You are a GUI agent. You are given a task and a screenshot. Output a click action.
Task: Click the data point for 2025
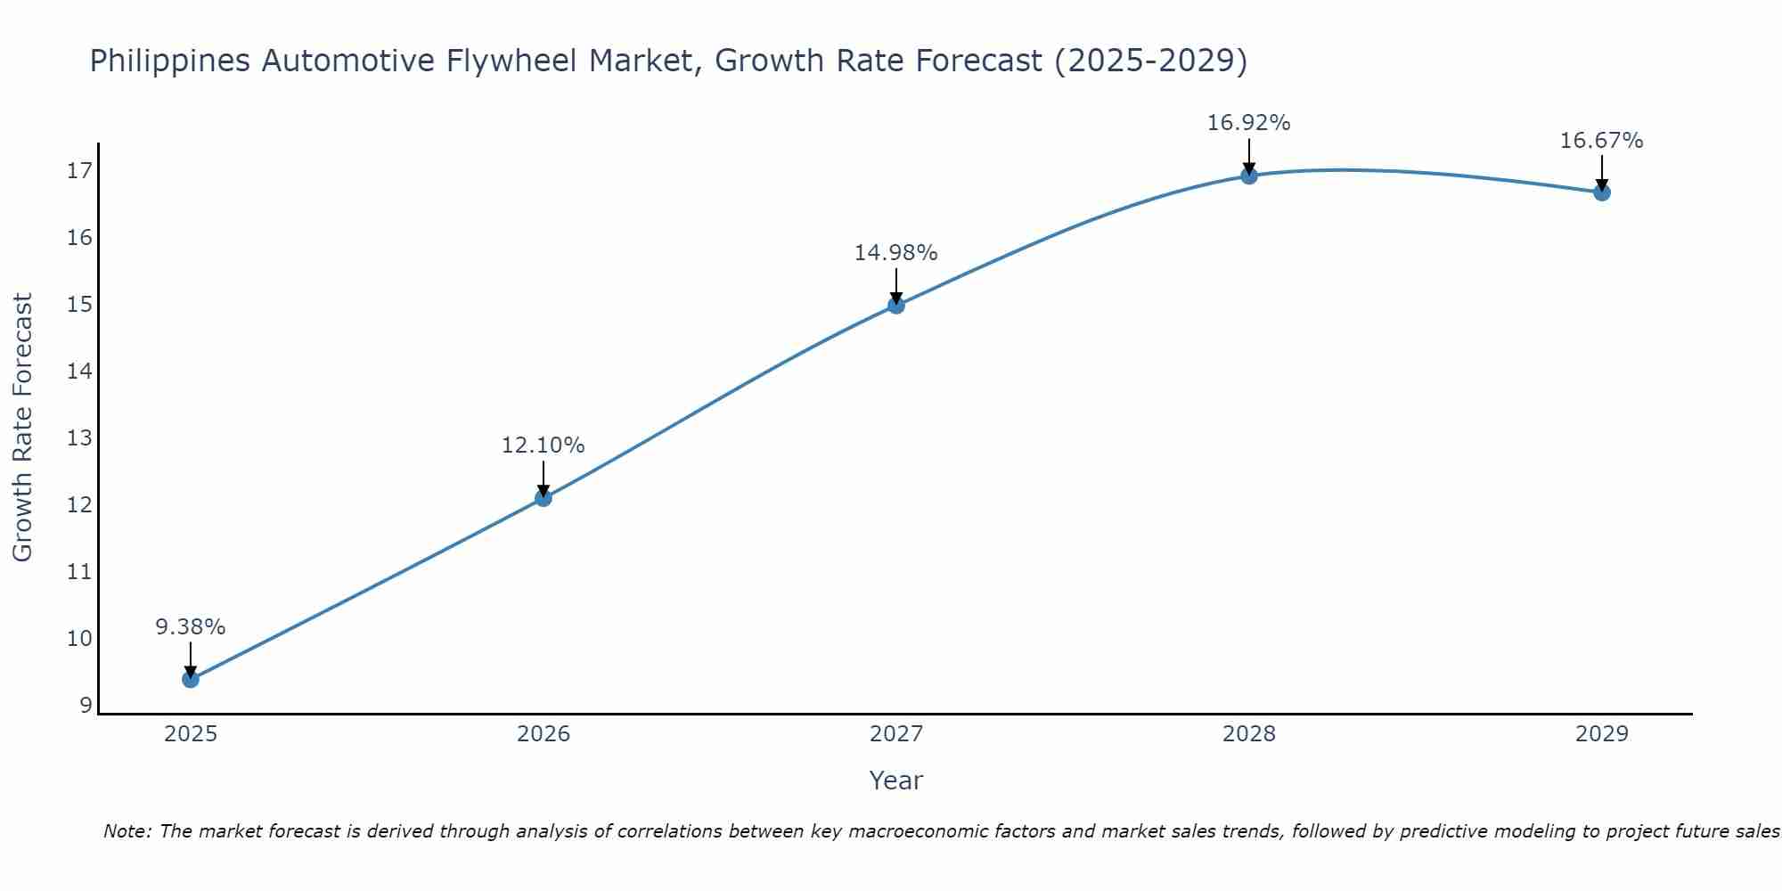(x=191, y=680)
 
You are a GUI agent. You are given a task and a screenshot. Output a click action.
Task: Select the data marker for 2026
(x=544, y=498)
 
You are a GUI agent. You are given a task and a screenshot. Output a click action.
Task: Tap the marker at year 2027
(x=896, y=306)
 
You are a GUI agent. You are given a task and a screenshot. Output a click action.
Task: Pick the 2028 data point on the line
(x=1249, y=176)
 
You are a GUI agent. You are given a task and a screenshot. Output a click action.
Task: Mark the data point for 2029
(x=1602, y=192)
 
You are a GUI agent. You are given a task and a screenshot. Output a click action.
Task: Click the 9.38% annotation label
(x=191, y=627)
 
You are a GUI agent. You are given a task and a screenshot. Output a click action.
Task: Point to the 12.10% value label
(x=544, y=445)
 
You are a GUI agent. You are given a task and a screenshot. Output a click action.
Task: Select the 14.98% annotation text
(x=896, y=253)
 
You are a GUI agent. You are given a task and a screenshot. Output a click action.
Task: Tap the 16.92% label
(x=1249, y=123)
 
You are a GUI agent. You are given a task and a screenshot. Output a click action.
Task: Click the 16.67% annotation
(x=1602, y=141)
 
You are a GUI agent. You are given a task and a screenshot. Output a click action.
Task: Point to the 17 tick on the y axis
(x=79, y=171)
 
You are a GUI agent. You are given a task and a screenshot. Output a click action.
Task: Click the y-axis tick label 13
(x=79, y=438)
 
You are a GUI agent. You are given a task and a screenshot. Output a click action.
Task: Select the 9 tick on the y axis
(x=86, y=706)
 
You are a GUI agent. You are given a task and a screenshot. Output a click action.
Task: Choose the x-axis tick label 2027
(x=896, y=734)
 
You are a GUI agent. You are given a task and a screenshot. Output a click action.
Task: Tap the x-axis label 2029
(x=1602, y=734)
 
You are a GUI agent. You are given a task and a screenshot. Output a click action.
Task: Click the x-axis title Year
(x=896, y=781)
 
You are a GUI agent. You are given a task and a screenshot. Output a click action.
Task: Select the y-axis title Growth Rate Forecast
(x=23, y=428)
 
